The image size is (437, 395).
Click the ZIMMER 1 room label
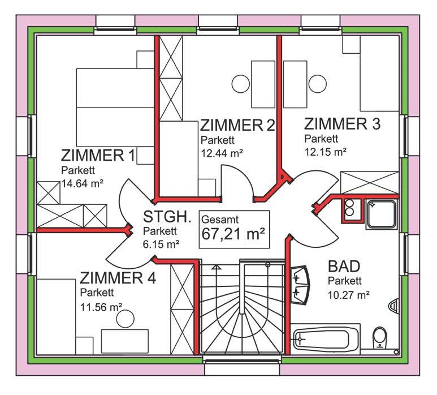point(98,156)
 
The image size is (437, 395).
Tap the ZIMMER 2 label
point(238,125)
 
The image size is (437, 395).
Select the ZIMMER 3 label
point(342,123)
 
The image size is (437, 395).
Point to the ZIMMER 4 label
point(118,278)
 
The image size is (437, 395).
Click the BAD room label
point(344,266)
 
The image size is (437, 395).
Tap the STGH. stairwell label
point(167,217)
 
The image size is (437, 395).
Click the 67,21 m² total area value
point(233,234)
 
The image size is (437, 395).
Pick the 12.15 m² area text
point(325,152)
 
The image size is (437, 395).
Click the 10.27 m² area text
point(349,295)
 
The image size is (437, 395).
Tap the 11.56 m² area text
point(101,307)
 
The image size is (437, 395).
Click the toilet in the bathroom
point(380,338)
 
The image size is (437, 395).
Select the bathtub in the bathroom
point(326,339)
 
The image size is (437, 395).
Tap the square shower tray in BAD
point(382,214)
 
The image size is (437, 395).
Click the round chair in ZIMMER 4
point(126,319)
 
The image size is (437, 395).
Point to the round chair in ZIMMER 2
point(240,84)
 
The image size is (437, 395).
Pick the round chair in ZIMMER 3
point(318,84)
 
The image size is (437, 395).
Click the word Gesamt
point(220,220)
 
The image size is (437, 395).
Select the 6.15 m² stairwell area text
point(161,244)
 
